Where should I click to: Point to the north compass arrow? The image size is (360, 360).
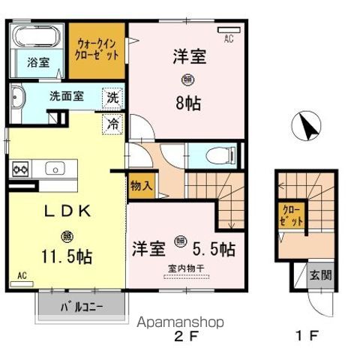pos(307,124)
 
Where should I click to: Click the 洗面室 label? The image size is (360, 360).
pos(66,96)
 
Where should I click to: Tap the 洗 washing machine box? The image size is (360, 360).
pos(112,97)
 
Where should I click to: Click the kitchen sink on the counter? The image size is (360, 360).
pos(55,169)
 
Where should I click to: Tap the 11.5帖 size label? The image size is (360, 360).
pos(67,256)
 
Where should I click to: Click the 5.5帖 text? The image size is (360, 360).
pos(216,247)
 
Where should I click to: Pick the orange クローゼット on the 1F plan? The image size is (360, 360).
pos(290,215)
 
